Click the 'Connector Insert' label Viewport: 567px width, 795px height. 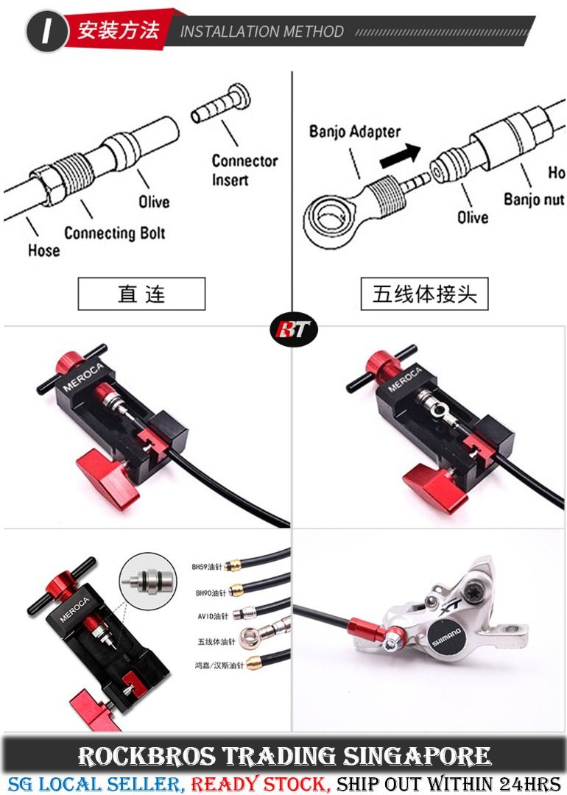tap(244, 170)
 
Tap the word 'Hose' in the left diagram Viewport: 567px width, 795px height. tap(43, 250)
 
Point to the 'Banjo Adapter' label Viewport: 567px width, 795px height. tap(355, 132)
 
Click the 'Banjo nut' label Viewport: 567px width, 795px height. tap(534, 199)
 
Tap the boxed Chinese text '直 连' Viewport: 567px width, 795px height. tap(141, 294)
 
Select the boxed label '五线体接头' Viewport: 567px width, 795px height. tap(425, 294)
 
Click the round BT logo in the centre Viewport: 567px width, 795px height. tap(293, 332)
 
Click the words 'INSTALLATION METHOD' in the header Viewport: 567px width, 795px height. tap(262, 32)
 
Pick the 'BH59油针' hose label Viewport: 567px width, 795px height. tap(208, 568)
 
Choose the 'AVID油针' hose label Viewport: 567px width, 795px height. tap(212, 615)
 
